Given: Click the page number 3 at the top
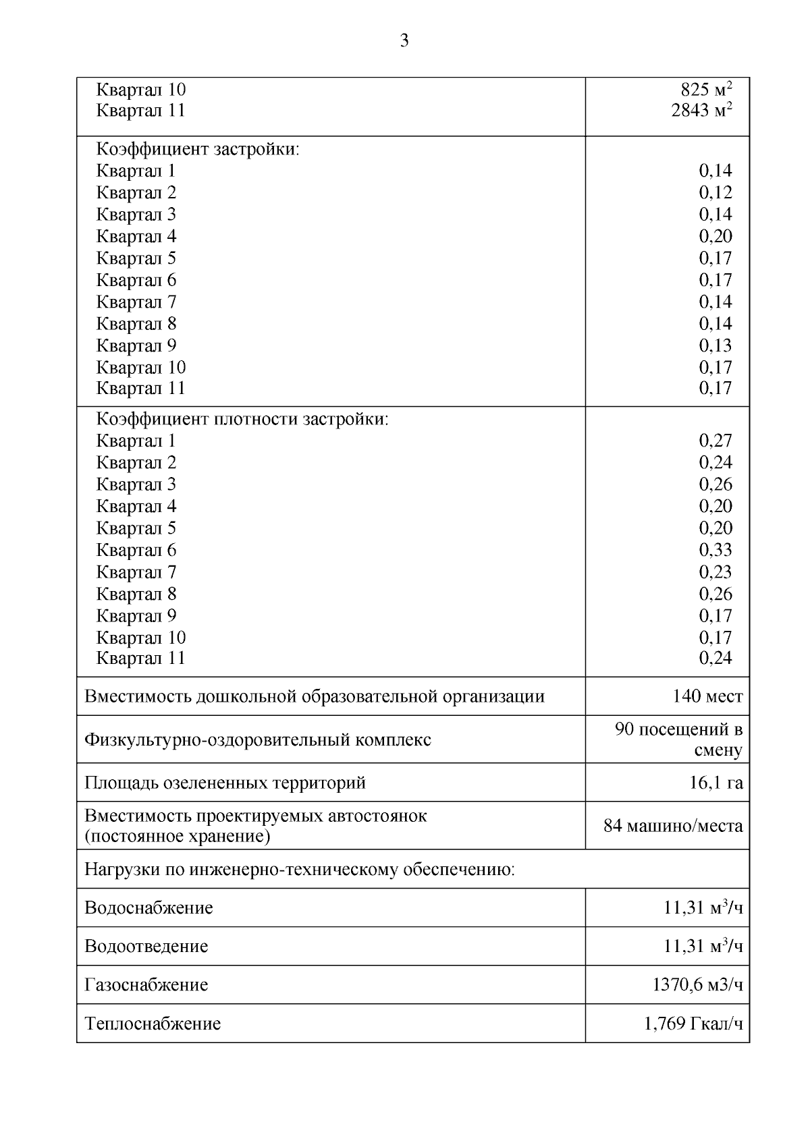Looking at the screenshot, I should pos(404,41).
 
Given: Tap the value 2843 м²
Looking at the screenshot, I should pos(701,110).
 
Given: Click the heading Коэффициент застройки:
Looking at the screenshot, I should pos(198,149).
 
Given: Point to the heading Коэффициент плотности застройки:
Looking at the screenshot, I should pos(242,419).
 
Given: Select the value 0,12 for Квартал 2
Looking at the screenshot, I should pos(715,192).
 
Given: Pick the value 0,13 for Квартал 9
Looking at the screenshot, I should pos(715,345).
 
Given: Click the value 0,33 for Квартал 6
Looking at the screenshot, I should pos(715,550).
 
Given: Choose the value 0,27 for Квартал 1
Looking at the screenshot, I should pos(715,441).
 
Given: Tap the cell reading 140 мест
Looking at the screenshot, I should pos(707,696).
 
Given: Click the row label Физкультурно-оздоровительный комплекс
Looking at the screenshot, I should pos(257,739).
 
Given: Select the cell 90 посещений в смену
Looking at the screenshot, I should pos(678,739).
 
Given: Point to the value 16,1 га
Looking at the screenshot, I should pos(715,783).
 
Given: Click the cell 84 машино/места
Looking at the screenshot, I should pos(673,826).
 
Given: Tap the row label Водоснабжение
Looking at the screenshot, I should pos(148,908).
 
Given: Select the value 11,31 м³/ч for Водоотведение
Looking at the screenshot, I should pos(703,947).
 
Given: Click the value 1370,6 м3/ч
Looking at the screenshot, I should pos(697,985).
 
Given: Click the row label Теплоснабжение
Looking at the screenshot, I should pos(153,1024).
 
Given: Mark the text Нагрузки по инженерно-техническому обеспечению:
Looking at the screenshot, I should pos(299,870).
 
